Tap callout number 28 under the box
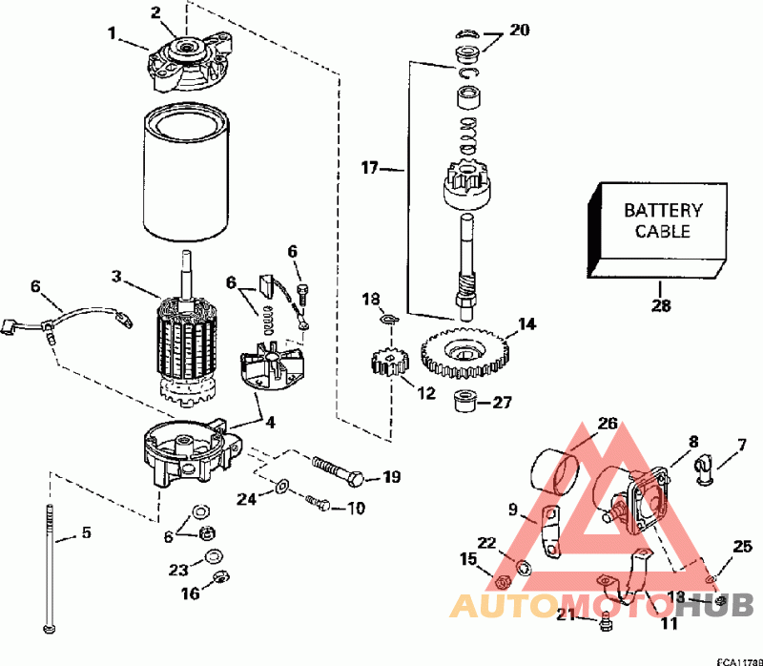[x=662, y=305]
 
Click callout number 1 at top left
[x=113, y=32]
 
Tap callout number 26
[x=608, y=423]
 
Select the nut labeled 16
[x=218, y=576]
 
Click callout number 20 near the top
[x=519, y=30]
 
